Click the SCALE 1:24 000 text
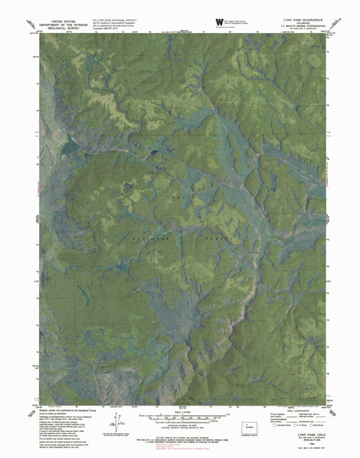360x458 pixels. click(179, 412)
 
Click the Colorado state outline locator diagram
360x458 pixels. click(247, 430)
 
